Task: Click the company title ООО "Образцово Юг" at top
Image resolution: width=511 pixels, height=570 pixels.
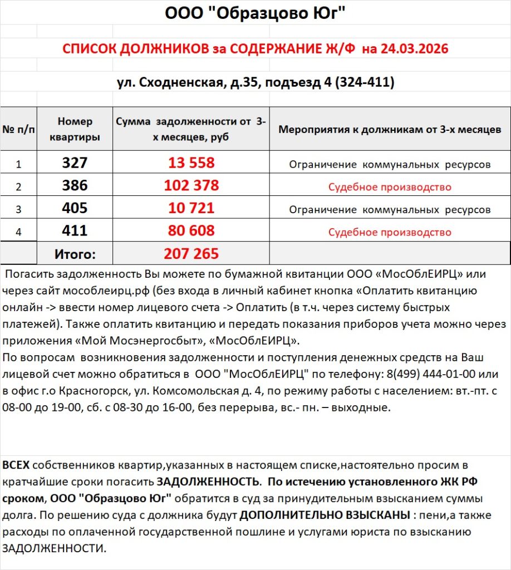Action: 255,13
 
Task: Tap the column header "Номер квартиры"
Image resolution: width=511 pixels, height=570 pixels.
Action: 75,129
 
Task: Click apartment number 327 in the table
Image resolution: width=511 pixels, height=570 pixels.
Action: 75,163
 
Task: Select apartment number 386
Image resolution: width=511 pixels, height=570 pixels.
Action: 75,186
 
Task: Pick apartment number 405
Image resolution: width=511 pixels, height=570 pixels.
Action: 75,209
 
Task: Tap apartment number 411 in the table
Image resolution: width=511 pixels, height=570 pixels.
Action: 75,231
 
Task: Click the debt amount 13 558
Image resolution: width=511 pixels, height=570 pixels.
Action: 191,163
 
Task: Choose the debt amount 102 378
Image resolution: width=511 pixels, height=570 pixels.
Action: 191,186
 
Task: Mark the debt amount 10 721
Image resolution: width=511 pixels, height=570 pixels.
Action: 191,209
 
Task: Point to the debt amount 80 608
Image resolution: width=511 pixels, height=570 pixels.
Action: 191,231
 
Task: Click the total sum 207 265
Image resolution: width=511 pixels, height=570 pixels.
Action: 191,254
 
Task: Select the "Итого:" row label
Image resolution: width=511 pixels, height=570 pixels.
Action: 75,254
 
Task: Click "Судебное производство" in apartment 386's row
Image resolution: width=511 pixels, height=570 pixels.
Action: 390,187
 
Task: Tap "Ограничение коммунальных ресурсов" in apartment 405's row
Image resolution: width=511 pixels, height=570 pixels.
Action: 390,210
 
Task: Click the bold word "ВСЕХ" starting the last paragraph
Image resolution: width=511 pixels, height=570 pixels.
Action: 16,465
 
